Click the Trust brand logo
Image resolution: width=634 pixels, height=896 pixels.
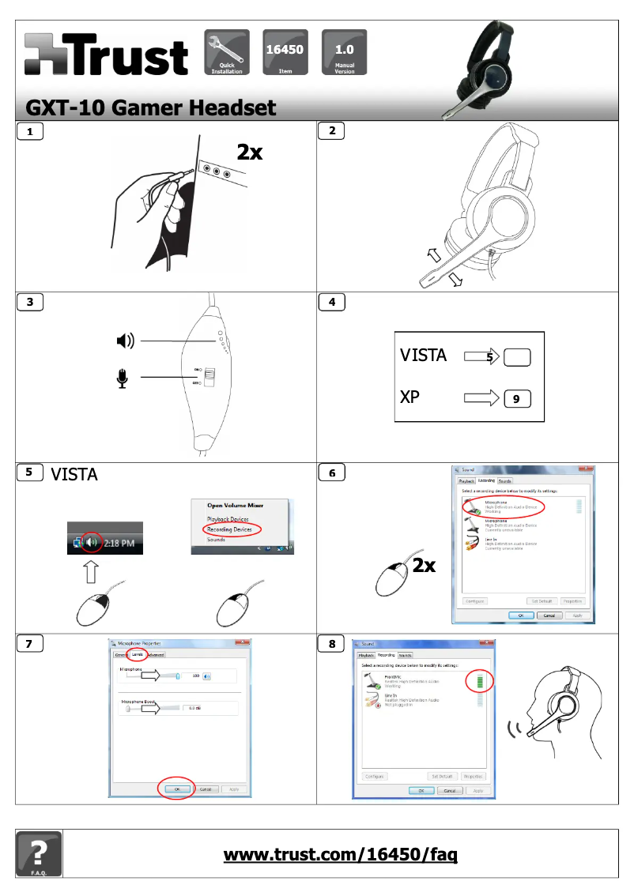(106, 54)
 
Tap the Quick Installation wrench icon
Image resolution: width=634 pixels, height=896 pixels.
(226, 52)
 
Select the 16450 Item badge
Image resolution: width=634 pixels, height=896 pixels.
(285, 52)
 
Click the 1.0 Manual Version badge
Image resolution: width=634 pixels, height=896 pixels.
(344, 52)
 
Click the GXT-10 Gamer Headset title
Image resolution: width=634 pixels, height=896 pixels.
(151, 107)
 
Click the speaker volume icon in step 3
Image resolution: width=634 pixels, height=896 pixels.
(125, 341)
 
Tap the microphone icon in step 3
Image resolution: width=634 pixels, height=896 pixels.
(123, 379)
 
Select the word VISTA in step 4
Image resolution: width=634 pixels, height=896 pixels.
(423, 356)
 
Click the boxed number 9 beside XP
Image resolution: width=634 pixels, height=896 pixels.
(516, 399)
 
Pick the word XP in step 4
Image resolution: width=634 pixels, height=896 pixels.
(409, 397)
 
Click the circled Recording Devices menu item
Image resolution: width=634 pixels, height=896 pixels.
(231, 529)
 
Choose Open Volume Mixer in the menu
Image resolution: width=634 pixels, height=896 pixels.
(235, 505)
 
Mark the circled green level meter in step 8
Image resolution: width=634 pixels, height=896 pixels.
(479, 680)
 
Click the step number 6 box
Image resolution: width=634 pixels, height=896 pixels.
(330, 472)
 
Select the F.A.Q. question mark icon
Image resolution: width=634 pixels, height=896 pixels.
(39, 854)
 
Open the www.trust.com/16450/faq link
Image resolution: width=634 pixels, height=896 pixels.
(340, 854)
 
